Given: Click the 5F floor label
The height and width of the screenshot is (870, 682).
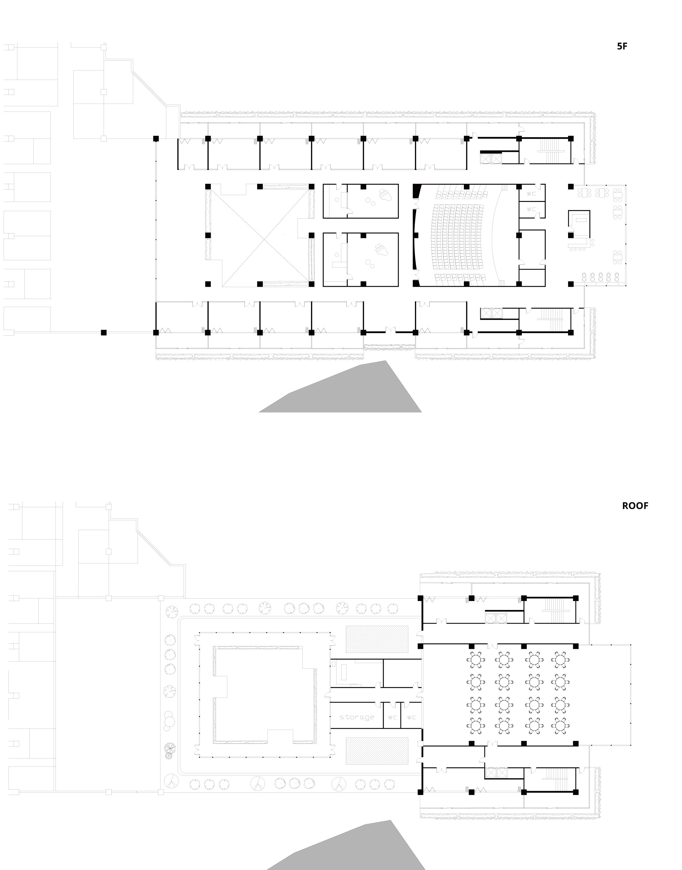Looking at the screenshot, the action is tap(622, 46).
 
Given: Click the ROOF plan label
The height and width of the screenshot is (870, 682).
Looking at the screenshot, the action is tap(635, 506).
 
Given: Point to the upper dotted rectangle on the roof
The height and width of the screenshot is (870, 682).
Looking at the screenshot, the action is tap(377, 639).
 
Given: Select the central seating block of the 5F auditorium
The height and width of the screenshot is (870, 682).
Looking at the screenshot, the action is tap(459, 235).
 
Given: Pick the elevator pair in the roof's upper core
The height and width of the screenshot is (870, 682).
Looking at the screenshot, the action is tap(495, 618).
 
